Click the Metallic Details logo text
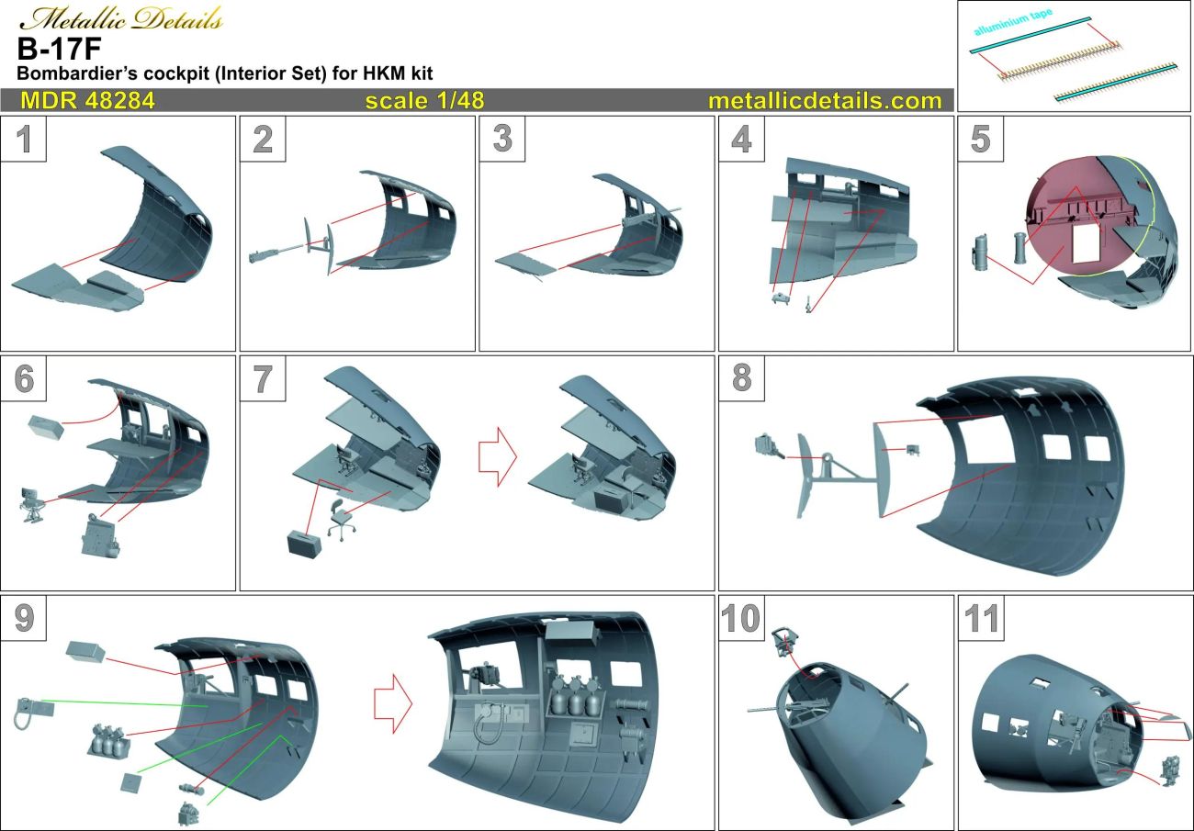coord(120,18)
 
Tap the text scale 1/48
coord(424,100)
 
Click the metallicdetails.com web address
coord(824,100)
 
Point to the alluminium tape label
coord(1015,26)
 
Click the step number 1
coord(26,140)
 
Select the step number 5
coord(980,140)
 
